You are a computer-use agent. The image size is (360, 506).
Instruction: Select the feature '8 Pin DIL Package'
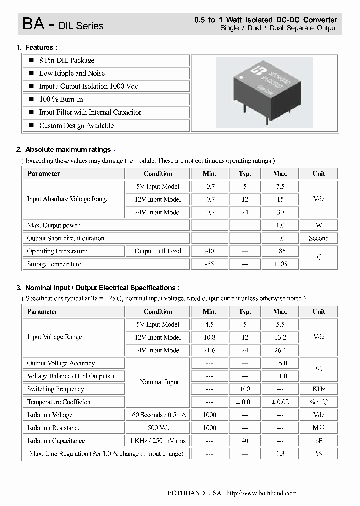67,60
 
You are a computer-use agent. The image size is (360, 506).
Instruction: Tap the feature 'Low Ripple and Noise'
72,73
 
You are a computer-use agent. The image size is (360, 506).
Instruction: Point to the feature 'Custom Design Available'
76,126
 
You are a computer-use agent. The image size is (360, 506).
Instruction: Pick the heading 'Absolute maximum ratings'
68,149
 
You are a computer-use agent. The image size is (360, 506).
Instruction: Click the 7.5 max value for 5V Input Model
280,186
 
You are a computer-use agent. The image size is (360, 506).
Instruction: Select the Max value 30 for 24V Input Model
280,212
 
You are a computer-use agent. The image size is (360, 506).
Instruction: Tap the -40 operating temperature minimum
209,251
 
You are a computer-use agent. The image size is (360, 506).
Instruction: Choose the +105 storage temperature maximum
280,264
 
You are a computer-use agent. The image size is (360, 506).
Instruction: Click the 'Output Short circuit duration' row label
65,238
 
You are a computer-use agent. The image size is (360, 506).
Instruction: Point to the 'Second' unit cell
318,238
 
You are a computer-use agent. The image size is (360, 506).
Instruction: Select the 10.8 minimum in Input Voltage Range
209,337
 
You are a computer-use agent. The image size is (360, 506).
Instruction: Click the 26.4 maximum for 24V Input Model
280,350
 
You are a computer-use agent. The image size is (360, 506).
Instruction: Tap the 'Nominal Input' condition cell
158,382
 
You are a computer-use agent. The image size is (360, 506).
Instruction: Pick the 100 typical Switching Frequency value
245,389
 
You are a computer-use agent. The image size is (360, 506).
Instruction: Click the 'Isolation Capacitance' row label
56,441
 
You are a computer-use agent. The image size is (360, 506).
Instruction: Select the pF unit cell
318,441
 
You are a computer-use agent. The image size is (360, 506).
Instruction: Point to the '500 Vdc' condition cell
158,428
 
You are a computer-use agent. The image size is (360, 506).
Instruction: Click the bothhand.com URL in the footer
261,493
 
